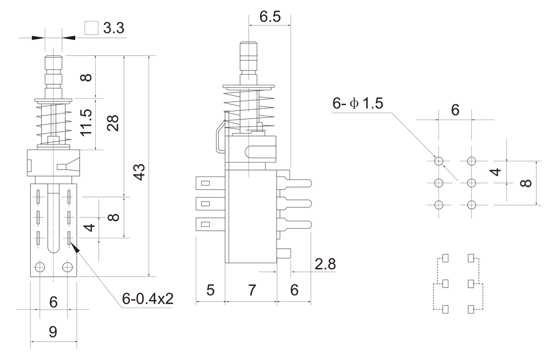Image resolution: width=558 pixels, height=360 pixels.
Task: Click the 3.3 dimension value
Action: (114, 28)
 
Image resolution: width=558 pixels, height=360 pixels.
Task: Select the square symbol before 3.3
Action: (91, 28)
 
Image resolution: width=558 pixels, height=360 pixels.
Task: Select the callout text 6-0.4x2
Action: (147, 299)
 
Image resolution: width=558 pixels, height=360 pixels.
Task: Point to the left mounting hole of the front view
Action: (41, 267)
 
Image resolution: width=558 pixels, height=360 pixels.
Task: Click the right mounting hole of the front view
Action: (67, 267)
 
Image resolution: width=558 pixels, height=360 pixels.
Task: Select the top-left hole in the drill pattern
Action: (439, 161)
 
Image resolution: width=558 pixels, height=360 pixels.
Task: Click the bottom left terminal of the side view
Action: (210, 224)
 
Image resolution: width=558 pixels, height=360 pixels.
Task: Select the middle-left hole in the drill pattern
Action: (439, 182)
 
